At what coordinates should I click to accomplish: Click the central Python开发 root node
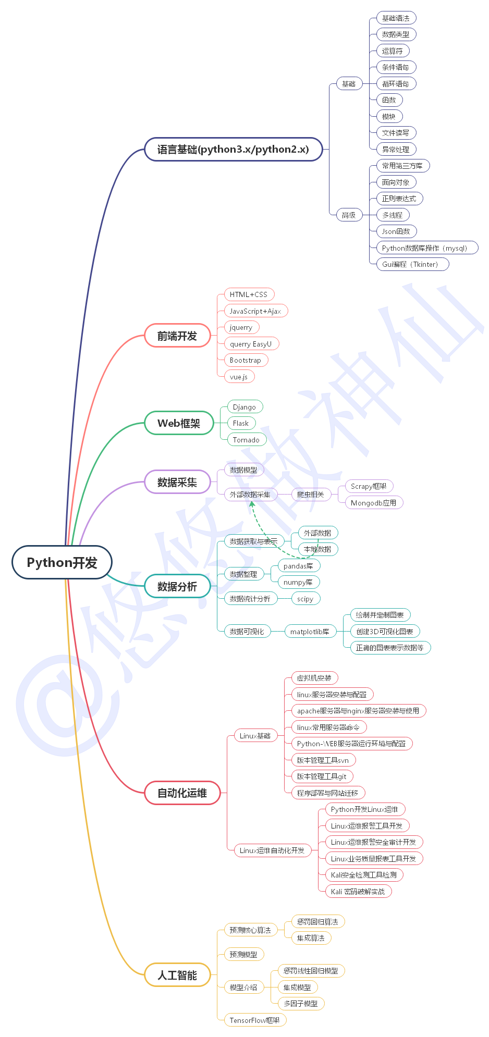(x=62, y=562)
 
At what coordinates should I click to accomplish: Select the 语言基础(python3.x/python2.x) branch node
(x=233, y=149)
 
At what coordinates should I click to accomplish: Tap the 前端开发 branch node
(x=177, y=336)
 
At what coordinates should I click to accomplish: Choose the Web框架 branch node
(x=179, y=423)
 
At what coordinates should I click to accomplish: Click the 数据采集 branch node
(x=177, y=482)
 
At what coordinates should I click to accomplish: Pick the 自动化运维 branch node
(x=182, y=793)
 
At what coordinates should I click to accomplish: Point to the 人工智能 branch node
(x=177, y=975)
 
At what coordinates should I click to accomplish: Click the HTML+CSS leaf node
(x=249, y=294)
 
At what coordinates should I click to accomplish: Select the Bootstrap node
(x=246, y=360)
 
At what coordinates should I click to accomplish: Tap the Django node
(x=244, y=407)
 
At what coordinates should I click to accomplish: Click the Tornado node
(x=246, y=440)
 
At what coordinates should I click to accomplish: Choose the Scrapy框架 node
(x=369, y=486)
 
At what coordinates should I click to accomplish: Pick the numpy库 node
(x=298, y=582)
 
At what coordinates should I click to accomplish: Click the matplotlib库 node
(x=310, y=632)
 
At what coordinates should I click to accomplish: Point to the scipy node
(x=305, y=599)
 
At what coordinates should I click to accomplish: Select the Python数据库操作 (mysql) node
(x=424, y=248)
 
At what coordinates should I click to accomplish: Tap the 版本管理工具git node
(x=322, y=776)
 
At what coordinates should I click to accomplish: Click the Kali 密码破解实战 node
(x=358, y=892)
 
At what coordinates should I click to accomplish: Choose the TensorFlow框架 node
(x=255, y=1020)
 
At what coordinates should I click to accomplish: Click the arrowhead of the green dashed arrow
(x=252, y=503)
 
